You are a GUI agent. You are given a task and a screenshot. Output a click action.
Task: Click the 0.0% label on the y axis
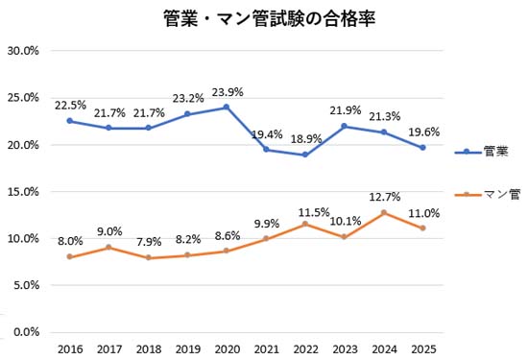25,332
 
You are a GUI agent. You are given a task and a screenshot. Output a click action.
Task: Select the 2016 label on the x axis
69,348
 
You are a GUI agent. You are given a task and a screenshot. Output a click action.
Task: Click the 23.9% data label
227,92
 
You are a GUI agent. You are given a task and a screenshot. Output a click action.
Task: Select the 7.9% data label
148,241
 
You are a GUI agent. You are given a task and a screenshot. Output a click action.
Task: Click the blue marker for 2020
226,108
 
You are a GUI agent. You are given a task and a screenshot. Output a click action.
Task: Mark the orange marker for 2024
383,213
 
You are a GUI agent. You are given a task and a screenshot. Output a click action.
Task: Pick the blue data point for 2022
304,155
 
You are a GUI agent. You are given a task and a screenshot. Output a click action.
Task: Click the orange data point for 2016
69,256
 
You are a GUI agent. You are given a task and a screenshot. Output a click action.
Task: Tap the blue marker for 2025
421,148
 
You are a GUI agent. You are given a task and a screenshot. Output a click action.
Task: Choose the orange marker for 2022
304,224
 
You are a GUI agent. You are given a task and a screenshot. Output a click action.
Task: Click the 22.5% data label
69,106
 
